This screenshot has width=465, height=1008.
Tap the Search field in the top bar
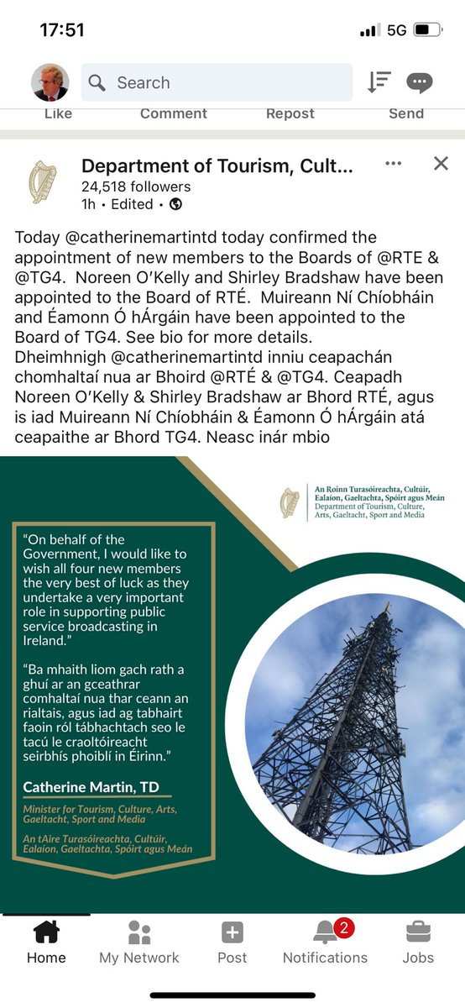pos(217,82)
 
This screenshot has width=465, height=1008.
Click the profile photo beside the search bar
pos(50,82)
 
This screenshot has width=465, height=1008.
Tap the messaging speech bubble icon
pos(419,82)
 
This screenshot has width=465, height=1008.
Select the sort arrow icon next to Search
pos(379,82)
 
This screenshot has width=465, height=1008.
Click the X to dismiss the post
pos(441,164)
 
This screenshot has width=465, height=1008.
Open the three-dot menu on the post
pos(393,164)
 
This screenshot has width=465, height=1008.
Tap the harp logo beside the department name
pos(43,182)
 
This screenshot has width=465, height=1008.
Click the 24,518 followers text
pos(136,186)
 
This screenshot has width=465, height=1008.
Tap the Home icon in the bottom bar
pos(46,932)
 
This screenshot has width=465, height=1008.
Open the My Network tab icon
pos(138,932)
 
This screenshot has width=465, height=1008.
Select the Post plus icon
pos(232,932)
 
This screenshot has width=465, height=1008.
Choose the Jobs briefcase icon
pos(418,932)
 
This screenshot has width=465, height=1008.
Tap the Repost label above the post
pos(290,113)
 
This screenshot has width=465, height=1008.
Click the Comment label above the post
pos(174,113)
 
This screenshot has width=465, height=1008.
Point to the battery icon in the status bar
pos(426,30)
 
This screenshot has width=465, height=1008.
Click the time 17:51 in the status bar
pos(62,30)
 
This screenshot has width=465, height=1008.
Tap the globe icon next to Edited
pos(175,204)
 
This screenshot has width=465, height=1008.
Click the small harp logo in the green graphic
pos(289,501)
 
